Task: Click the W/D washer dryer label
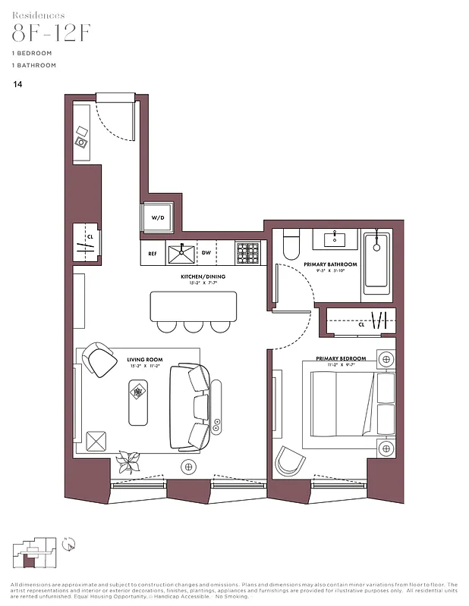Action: (x=158, y=217)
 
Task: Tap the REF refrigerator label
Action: (x=152, y=254)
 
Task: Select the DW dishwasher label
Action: (x=206, y=253)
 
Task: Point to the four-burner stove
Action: (x=247, y=252)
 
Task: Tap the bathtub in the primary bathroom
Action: (x=376, y=263)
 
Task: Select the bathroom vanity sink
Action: (x=335, y=239)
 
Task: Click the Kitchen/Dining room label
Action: (x=203, y=276)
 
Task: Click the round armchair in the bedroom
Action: (x=289, y=461)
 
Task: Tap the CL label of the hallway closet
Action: (x=90, y=237)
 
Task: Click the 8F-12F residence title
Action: (x=51, y=33)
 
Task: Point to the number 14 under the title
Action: (x=17, y=85)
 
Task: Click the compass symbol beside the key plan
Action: (x=68, y=542)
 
